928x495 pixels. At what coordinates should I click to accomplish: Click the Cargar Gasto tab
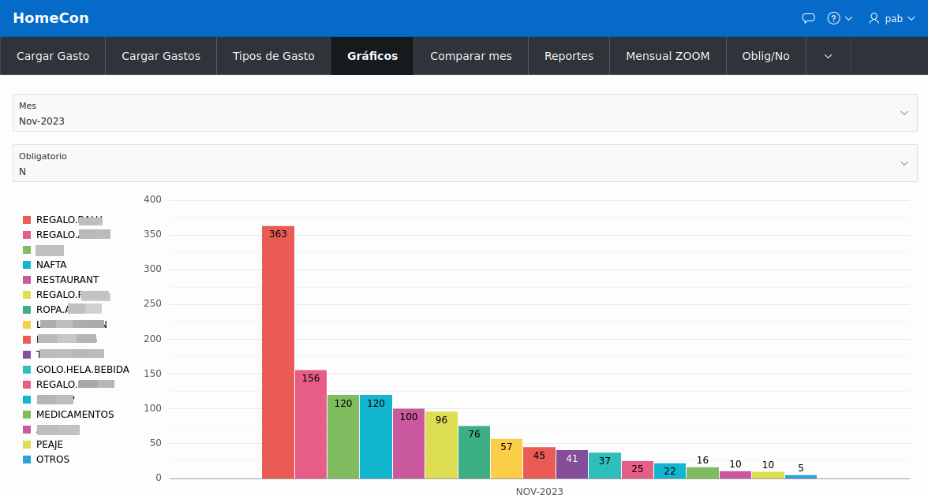(53, 56)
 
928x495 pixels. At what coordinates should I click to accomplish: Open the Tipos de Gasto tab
(273, 56)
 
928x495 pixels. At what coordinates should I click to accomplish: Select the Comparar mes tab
(471, 56)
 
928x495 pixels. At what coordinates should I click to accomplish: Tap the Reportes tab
(569, 56)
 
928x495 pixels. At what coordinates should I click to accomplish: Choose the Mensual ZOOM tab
(668, 56)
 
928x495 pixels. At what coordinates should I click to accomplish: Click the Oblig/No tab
(765, 56)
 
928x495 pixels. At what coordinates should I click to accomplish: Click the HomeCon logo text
(51, 18)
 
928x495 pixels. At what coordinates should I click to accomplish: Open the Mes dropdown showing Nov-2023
(464, 114)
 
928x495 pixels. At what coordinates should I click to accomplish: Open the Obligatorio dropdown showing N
(464, 164)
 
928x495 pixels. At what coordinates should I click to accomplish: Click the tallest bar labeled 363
(278, 355)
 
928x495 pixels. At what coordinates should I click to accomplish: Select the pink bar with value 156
(311, 426)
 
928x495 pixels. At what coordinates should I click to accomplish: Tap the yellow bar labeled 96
(441, 446)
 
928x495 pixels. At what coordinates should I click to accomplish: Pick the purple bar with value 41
(572, 465)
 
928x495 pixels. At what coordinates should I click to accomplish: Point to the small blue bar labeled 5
(800, 476)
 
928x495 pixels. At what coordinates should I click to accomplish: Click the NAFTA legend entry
(51, 265)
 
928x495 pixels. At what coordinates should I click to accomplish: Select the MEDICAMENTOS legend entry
(74, 415)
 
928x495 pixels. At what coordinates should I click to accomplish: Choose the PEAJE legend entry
(49, 445)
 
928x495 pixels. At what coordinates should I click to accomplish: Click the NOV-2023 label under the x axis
(540, 491)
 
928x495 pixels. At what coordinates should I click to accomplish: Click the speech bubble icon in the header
(808, 18)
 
